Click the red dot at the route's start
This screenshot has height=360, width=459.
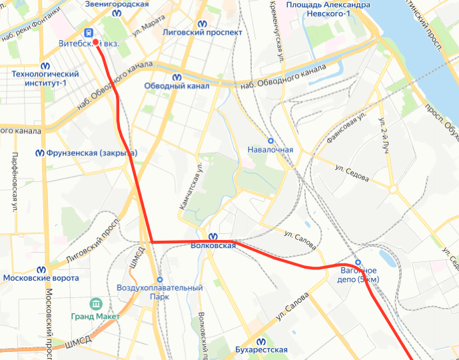tap(96, 42)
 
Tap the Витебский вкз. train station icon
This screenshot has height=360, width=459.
tap(87, 32)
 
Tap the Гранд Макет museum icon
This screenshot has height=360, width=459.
tap(95, 304)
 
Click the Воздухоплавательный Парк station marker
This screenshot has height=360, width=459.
tap(159, 279)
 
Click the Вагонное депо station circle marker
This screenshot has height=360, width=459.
tap(358, 262)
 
